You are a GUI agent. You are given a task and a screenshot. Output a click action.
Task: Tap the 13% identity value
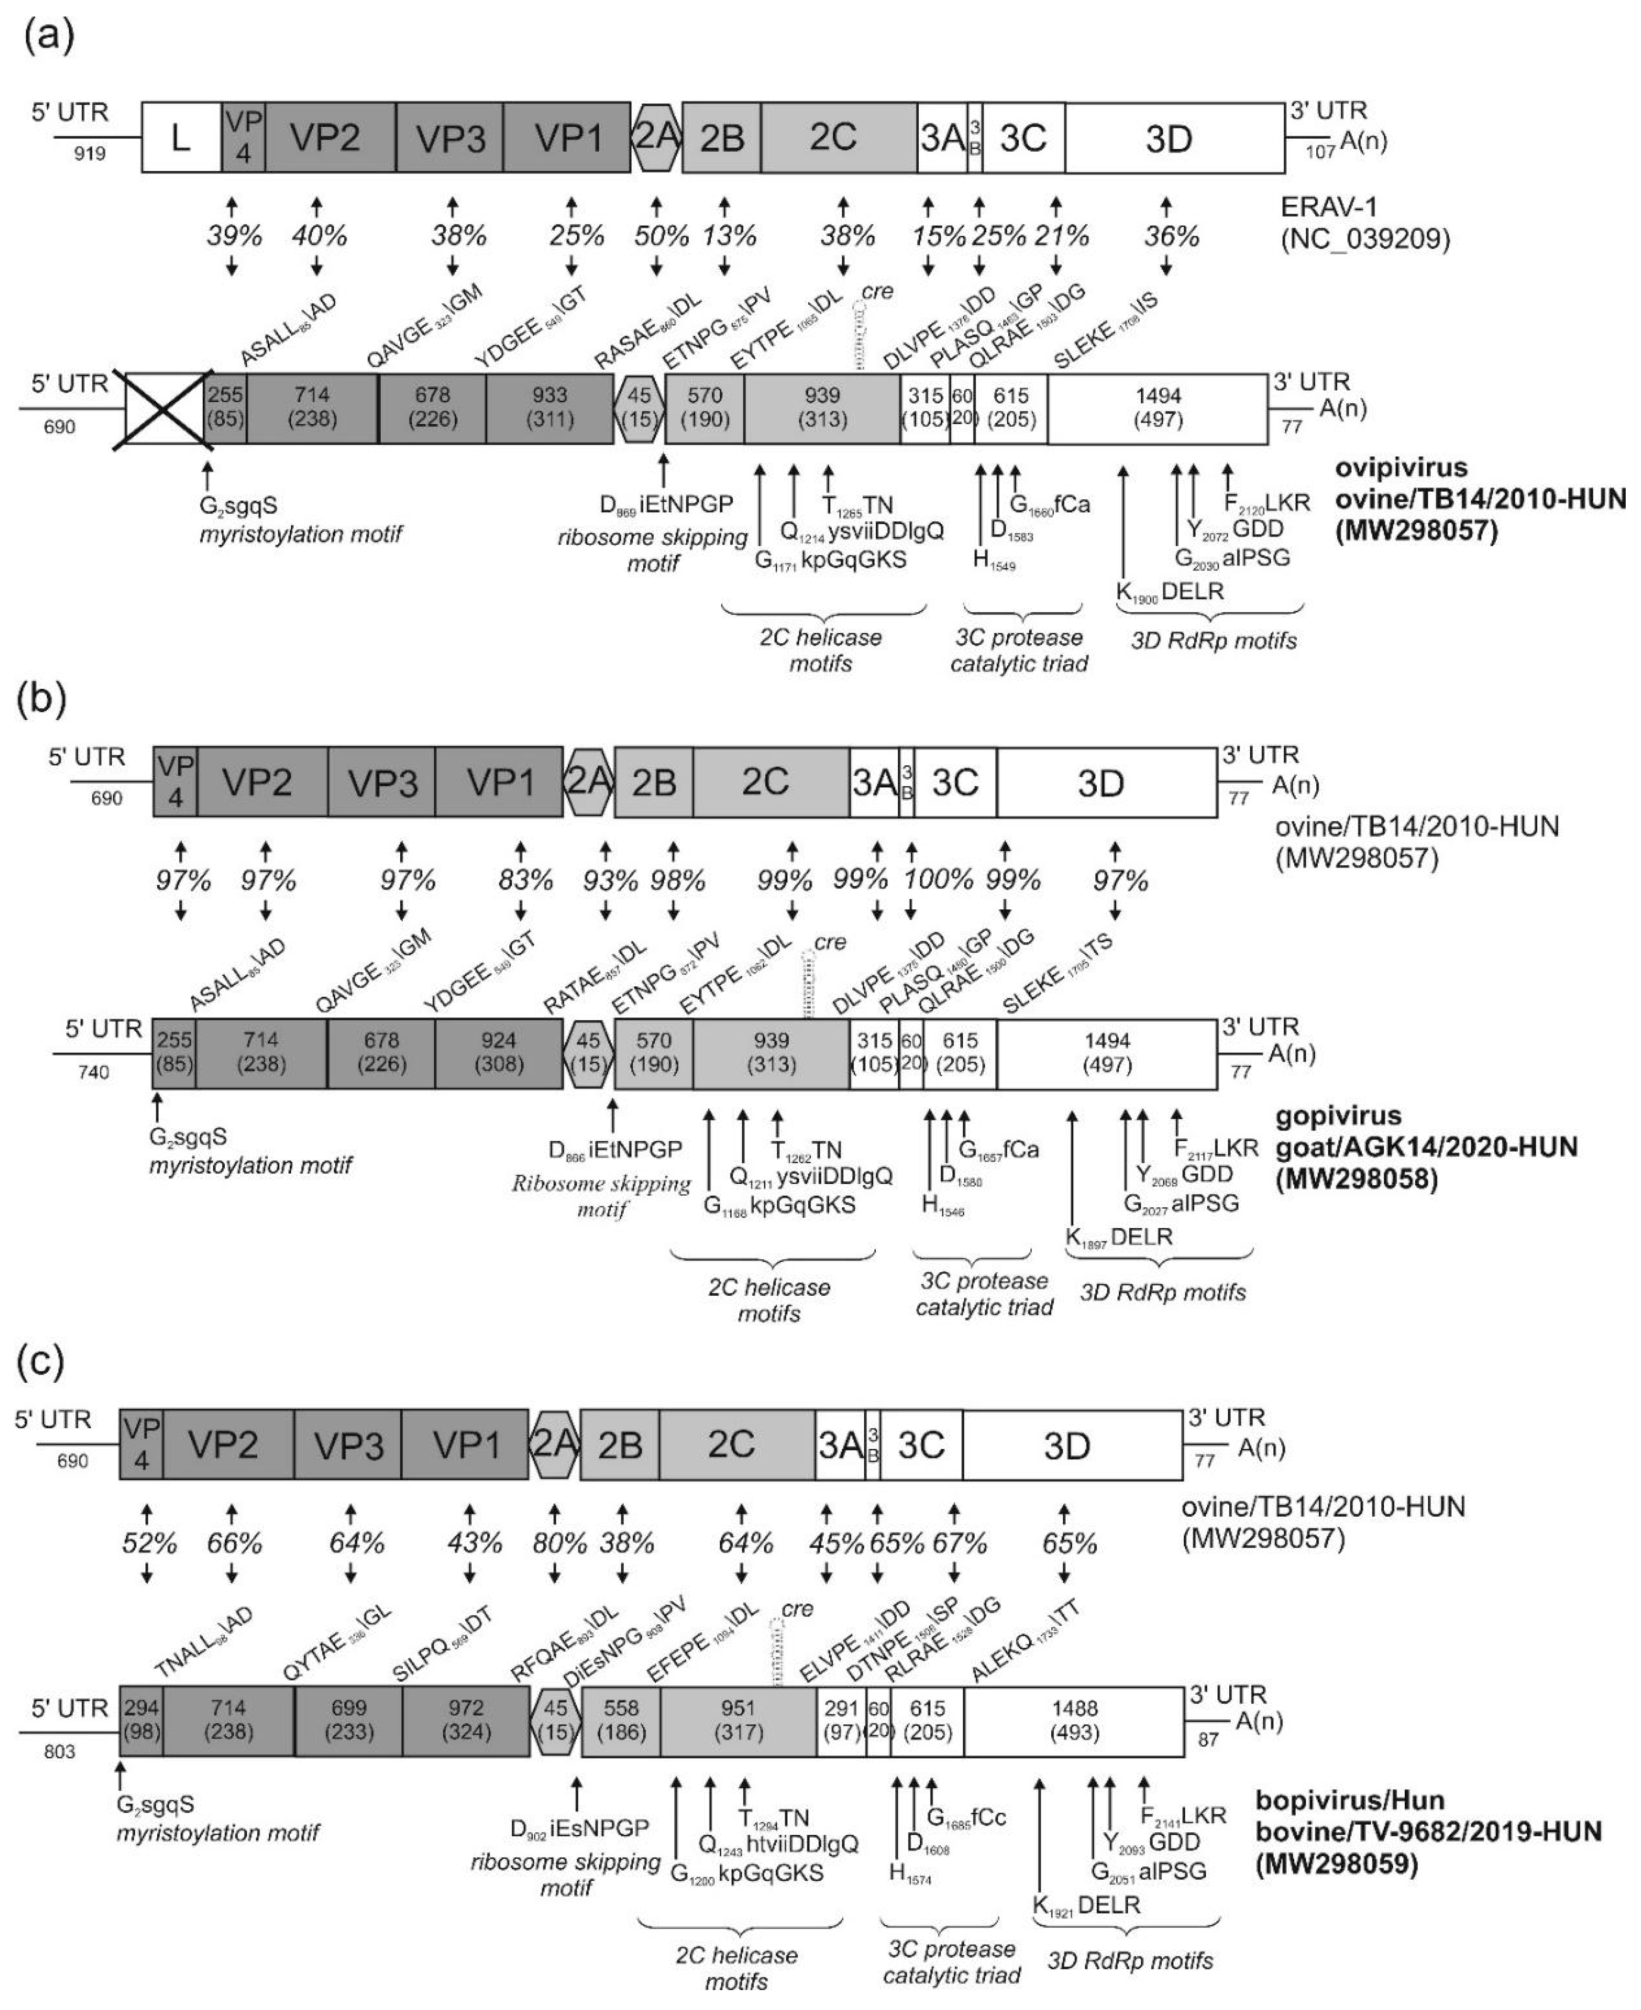[x=729, y=235]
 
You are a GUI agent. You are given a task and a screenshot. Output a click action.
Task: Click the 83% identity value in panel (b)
[x=526, y=880]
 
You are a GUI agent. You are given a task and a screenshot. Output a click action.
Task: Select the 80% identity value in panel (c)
[x=560, y=1544]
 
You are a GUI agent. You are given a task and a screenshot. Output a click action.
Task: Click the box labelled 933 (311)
[x=550, y=408]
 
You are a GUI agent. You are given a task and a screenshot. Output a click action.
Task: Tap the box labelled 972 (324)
[x=465, y=1720]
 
